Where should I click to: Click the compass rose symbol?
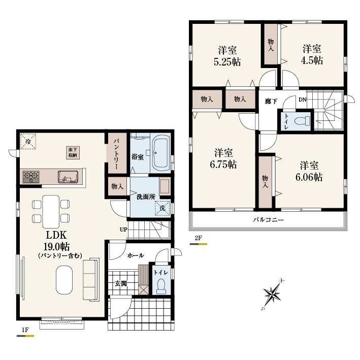coord(273,294)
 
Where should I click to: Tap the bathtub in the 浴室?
coord(161,153)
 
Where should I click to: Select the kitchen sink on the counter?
coord(68,177)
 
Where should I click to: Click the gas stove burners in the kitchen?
coord(31,177)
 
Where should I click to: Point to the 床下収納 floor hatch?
coord(73,152)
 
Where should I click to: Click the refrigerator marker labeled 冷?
coord(28,142)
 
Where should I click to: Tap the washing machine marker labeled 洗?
coord(162,208)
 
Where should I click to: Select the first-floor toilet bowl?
coord(161,286)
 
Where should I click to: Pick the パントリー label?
coord(117,153)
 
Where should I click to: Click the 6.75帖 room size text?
coord(223,165)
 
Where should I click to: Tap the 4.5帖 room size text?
coord(312,60)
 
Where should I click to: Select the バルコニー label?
coord(268,220)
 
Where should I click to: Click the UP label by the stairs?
coord(123,230)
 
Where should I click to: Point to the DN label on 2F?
coord(303,100)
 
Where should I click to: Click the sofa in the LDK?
coord(91,279)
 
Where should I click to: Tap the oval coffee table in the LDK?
coord(64,280)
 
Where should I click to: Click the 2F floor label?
coord(198,238)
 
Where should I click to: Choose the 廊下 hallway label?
coord(271,101)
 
